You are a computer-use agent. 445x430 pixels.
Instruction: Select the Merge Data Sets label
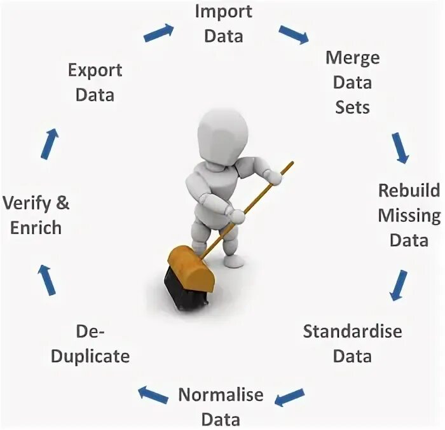pos(352,82)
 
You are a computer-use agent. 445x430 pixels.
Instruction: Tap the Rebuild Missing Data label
pos(409,215)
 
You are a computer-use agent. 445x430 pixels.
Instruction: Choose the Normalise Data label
pos(220,406)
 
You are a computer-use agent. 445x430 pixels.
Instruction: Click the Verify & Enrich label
pos(36,215)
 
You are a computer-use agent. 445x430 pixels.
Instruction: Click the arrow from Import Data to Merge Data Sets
pos(293,35)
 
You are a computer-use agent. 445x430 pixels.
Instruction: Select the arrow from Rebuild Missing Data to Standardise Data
pos(399,284)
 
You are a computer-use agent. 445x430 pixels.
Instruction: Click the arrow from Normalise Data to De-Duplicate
pos(153,394)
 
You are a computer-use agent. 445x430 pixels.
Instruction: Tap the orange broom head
pos(191,267)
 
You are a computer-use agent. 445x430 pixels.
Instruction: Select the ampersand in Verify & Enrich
pos(62,204)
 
